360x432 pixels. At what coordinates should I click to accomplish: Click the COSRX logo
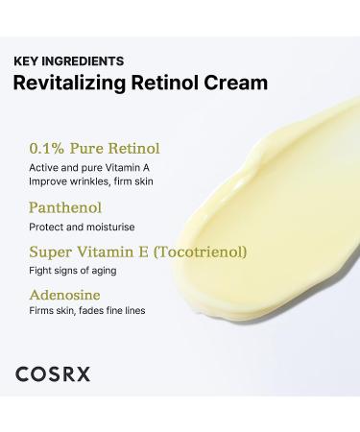[x=53, y=373]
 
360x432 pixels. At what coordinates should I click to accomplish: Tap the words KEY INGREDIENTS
[x=68, y=60]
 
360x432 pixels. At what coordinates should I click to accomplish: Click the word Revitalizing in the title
[x=69, y=83]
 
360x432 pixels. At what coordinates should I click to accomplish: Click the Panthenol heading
[x=64, y=207]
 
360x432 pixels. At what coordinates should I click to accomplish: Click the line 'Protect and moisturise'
[x=81, y=227]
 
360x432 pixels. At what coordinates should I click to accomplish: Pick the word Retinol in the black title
[x=174, y=83]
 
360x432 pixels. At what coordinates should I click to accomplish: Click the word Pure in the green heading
[x=86, y=149]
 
